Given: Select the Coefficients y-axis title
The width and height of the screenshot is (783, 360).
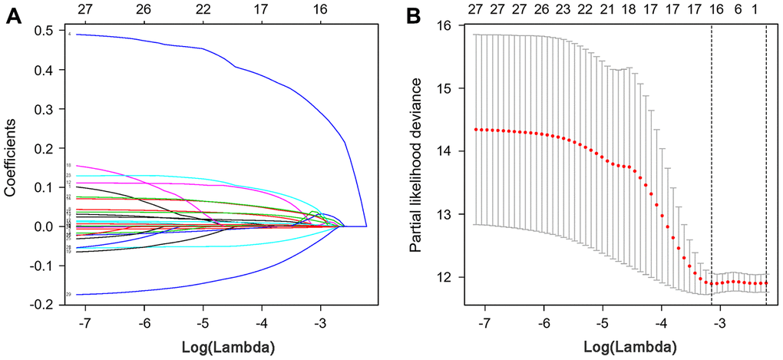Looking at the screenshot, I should [12, 166].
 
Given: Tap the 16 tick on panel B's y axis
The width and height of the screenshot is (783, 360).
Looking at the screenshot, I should [444, 26].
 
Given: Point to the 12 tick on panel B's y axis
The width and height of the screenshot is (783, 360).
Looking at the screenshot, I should [444, 276].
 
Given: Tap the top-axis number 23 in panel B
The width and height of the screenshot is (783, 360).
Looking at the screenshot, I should [563, 8].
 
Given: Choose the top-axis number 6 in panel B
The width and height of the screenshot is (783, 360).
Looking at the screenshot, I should [738, 8].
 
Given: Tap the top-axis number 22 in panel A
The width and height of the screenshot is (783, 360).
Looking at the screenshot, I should [203, 8].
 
